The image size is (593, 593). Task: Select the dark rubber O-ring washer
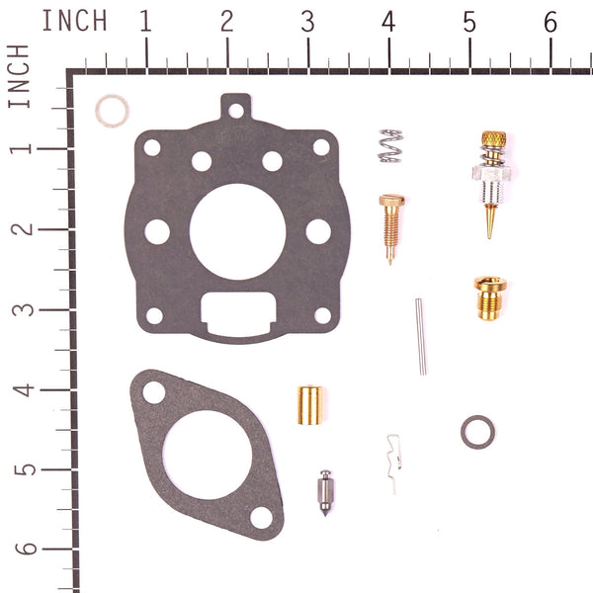pyautogui.click(x=477, y=431)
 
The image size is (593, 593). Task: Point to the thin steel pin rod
pyautogui.click(x=421, y=337)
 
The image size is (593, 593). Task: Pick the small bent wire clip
pyautogui.click(x=394, y=460)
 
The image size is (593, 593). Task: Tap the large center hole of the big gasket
pyautogui.click(x=236, y=227)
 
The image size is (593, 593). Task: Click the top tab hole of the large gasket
pyautogui.click(x=235, y=110)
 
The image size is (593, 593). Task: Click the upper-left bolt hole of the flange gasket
pyautogui.click(x=154, y=392)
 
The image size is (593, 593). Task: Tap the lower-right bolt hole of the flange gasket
pyautogui.click(x=261, y=517)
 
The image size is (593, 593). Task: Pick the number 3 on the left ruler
pyautogui.click(x=21, y=308)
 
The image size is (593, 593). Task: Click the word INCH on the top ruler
pyautogui.click(x=75, y=22)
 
